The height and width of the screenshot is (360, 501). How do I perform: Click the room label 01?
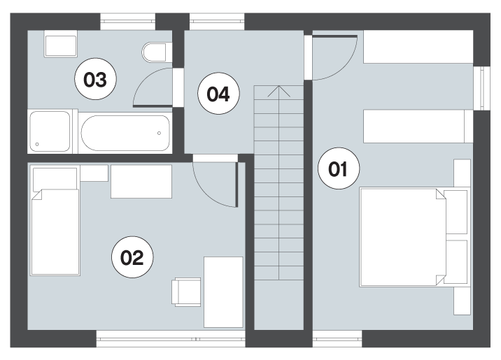(x=339, y=168)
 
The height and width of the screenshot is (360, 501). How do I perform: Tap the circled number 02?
(x=132, y=257)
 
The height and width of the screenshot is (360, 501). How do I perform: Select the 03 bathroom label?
(x=95, y=79)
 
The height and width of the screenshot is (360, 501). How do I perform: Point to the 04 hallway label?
(x=218, y=94)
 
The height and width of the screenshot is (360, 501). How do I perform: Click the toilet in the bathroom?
(x=155, y=52)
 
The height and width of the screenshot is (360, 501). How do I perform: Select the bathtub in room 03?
(x=125, y=133)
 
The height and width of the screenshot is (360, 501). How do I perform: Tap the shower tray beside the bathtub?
(x=50, y=131)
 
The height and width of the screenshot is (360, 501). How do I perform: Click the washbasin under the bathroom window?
(x=61, y=44)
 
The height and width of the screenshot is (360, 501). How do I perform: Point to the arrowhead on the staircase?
(x=279, y=91)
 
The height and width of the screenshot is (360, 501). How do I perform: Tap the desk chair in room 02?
(x=187, y=292)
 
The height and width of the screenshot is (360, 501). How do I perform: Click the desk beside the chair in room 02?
(x=223, y=292)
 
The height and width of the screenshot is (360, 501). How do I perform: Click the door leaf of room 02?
(x=237, y=185)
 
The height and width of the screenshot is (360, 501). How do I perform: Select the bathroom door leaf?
(x=153, y=106)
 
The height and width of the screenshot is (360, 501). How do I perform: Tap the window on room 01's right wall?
(x=486, y=88)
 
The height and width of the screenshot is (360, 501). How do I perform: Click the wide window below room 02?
(x=171, y=338)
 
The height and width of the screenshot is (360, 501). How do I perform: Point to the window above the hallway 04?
(x=217, y=22)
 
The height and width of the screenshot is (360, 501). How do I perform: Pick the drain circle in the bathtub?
(x=159, y=133)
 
